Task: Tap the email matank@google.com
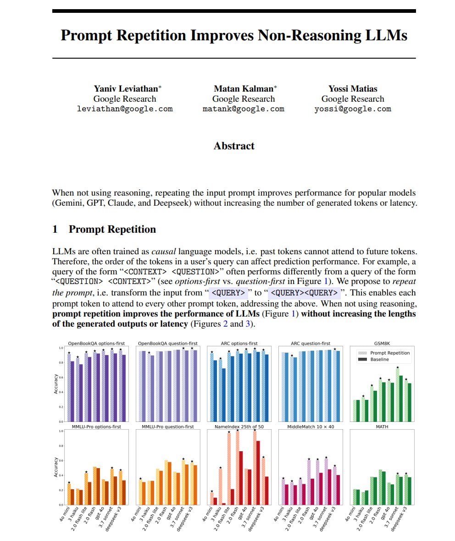point(243,109)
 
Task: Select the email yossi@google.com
point(353,109)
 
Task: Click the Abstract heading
point(234,146)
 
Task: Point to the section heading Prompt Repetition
point(112,229)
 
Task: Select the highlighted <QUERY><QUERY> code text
point(304,293)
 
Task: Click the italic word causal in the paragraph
point(164,251)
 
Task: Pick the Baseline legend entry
point(379,360)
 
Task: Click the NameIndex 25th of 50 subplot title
point(239,426)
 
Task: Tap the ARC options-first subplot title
point(239,343)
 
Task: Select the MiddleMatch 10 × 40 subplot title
point(311,426)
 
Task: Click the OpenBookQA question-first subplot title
point(168,343)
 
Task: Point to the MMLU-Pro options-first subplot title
point(97,426)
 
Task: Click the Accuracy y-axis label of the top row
point(56,384)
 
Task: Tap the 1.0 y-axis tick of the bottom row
point(61,431)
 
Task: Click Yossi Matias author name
point(353,88)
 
